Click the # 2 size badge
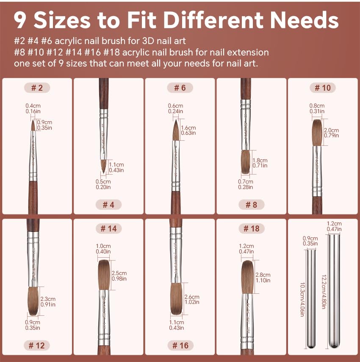coord(37,88)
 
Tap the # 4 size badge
coord(108,205)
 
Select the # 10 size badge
coord(323,88)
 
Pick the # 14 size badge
coord(108,228)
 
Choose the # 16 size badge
coord(180,345)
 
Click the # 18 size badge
coord(252,228)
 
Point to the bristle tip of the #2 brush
coord(33,120)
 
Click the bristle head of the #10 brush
coord(317,133)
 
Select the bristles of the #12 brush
coord(33,301)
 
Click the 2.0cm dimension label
coord(331,130)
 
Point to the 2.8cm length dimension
coord(263,275)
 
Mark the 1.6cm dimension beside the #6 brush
coord(188,128)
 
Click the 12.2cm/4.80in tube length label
coord(324,292)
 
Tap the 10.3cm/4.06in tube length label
coord(302,299)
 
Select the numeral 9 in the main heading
coord(20,20)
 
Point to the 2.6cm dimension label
coord(192,297)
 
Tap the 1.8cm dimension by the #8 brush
coord(260,160)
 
